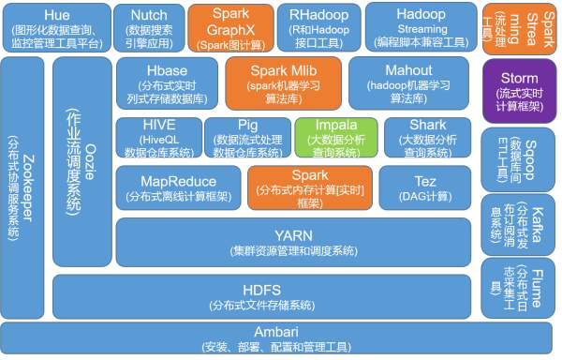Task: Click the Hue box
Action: [x=55, y=26]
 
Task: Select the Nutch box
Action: [x=149, y=26]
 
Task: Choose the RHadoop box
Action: [x=307, y=26]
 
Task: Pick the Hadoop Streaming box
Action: [x=420, y=26]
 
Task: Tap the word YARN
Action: [x=292, y=234]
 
